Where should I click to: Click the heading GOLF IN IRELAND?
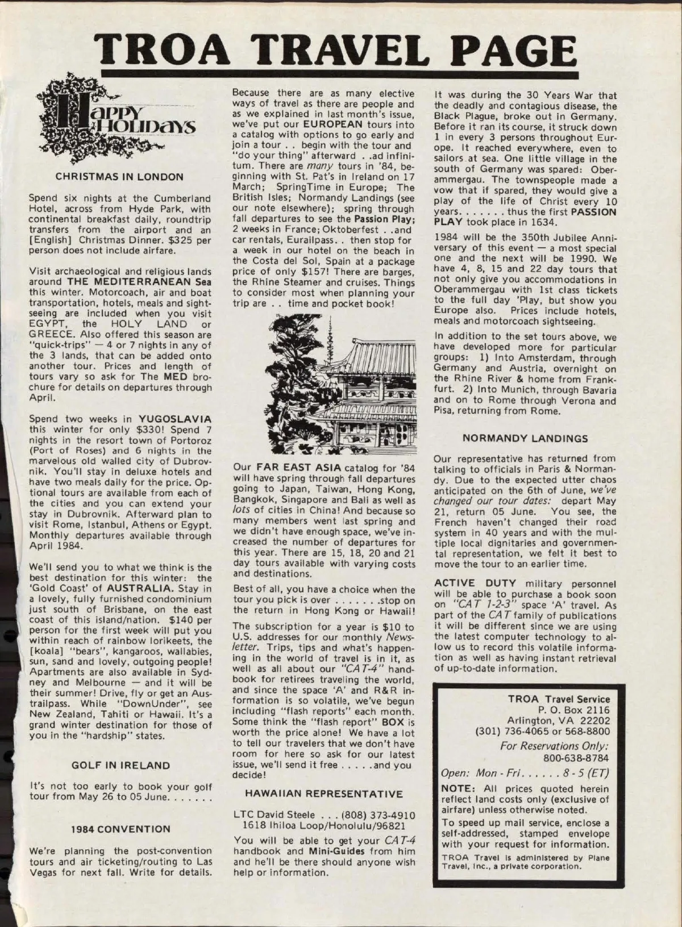coord(121,765)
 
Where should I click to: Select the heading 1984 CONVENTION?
coord(120,829)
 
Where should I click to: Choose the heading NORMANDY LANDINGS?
coord(526,438)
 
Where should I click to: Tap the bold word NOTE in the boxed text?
coord(456,788)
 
